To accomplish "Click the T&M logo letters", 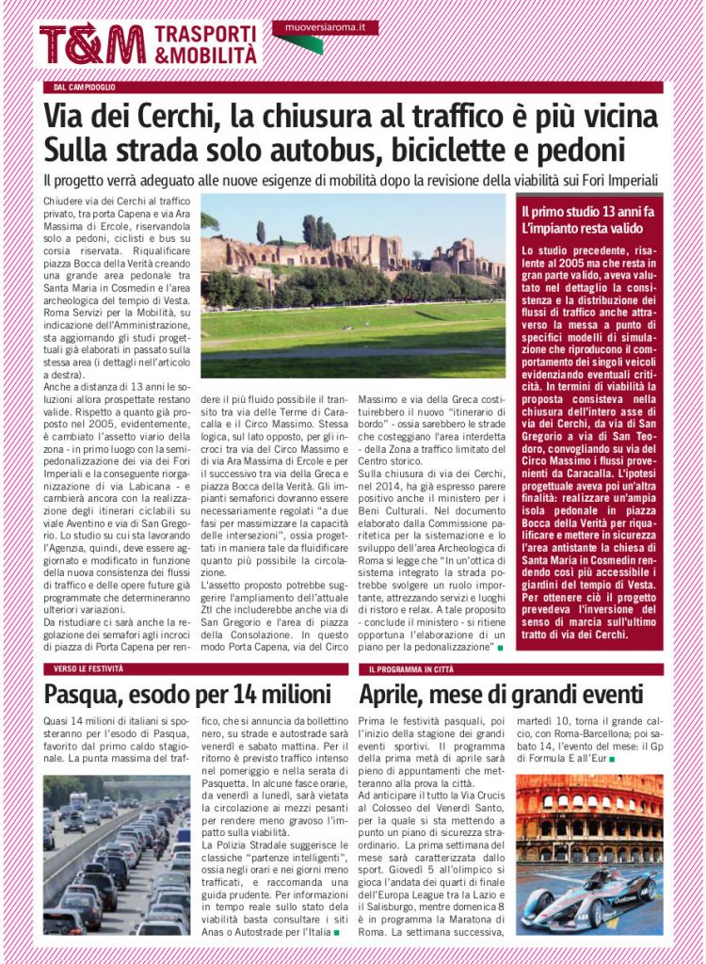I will [x=92, y=44].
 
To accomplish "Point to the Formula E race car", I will [x=588, y=898].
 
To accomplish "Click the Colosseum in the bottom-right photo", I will [x=588, y=819].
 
